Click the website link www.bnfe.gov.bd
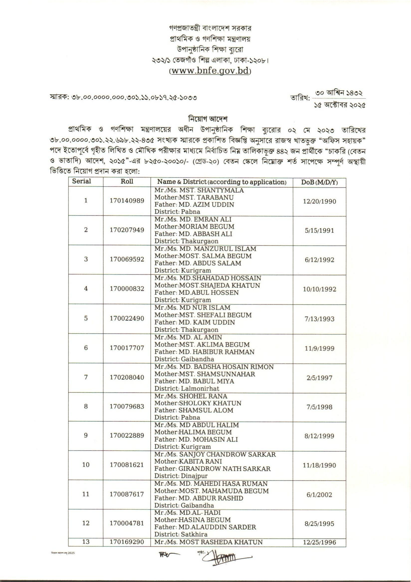click(x=210, y=71)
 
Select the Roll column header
click(x=127, y=181)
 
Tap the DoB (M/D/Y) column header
click(x=319, y=182)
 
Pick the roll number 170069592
click(x=127, y=259)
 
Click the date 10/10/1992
click(x=319, y=289)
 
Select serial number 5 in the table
click(x=86, y=318)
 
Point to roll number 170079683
click(x=127, y=407)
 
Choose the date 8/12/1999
click(x=319, y=436)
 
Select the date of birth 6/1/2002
click(x=319, y=495)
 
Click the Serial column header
click(x=82, y=181)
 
